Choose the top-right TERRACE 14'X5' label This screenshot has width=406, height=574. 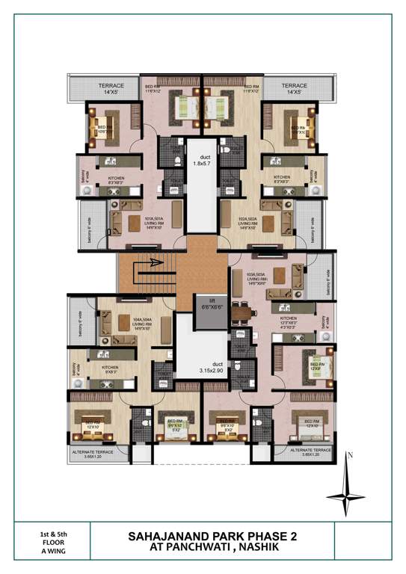coord(295,89)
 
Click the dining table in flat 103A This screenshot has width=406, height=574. coord(241,309)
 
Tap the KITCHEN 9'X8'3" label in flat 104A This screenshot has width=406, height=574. coord(111,369)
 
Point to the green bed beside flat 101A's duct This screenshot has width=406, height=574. coord(185,110)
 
